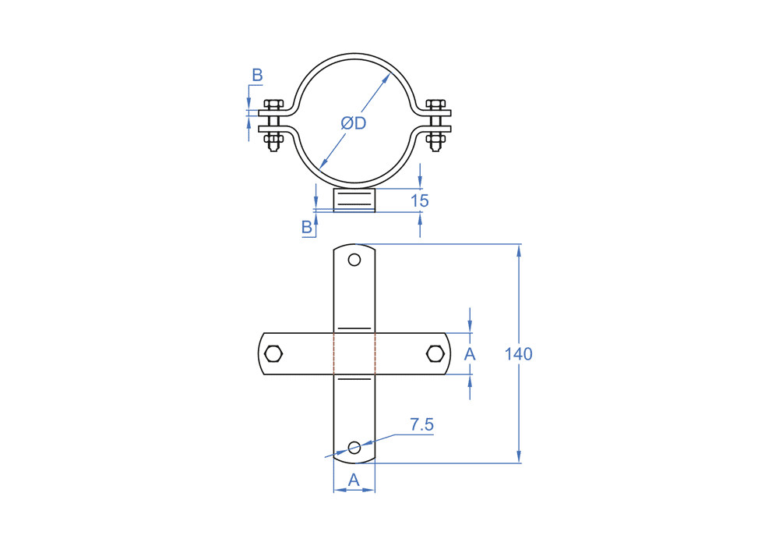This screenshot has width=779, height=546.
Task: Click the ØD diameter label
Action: (x=354, y=123)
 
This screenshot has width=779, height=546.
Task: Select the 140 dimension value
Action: (x=518, y=354)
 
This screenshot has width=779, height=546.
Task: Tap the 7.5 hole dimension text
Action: (x=421, y=425)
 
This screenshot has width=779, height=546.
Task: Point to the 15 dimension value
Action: (x=419, y=200)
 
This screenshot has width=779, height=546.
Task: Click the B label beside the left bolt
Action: (x=257, y=76)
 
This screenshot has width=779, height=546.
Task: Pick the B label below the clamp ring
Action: (x=307, y=227)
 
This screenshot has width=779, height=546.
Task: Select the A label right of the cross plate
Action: (x=470, y=354)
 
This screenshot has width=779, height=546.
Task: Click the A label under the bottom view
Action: (x=354, y=480)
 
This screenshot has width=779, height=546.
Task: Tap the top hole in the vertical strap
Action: (x=354, y=260)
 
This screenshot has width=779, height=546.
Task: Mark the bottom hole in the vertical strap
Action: (x=354, y=447)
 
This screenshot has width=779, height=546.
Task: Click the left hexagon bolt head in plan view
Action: (x=273, y=354)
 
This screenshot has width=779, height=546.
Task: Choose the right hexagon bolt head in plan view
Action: (x=435, y=354)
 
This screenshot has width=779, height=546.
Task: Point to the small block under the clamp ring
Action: (x=354, y=200)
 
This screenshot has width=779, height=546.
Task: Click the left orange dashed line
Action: (x=334, y=354)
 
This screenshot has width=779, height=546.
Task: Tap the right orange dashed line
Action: (x=375, y=354)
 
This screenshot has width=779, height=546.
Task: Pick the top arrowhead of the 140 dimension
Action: (x=519, y=249)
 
